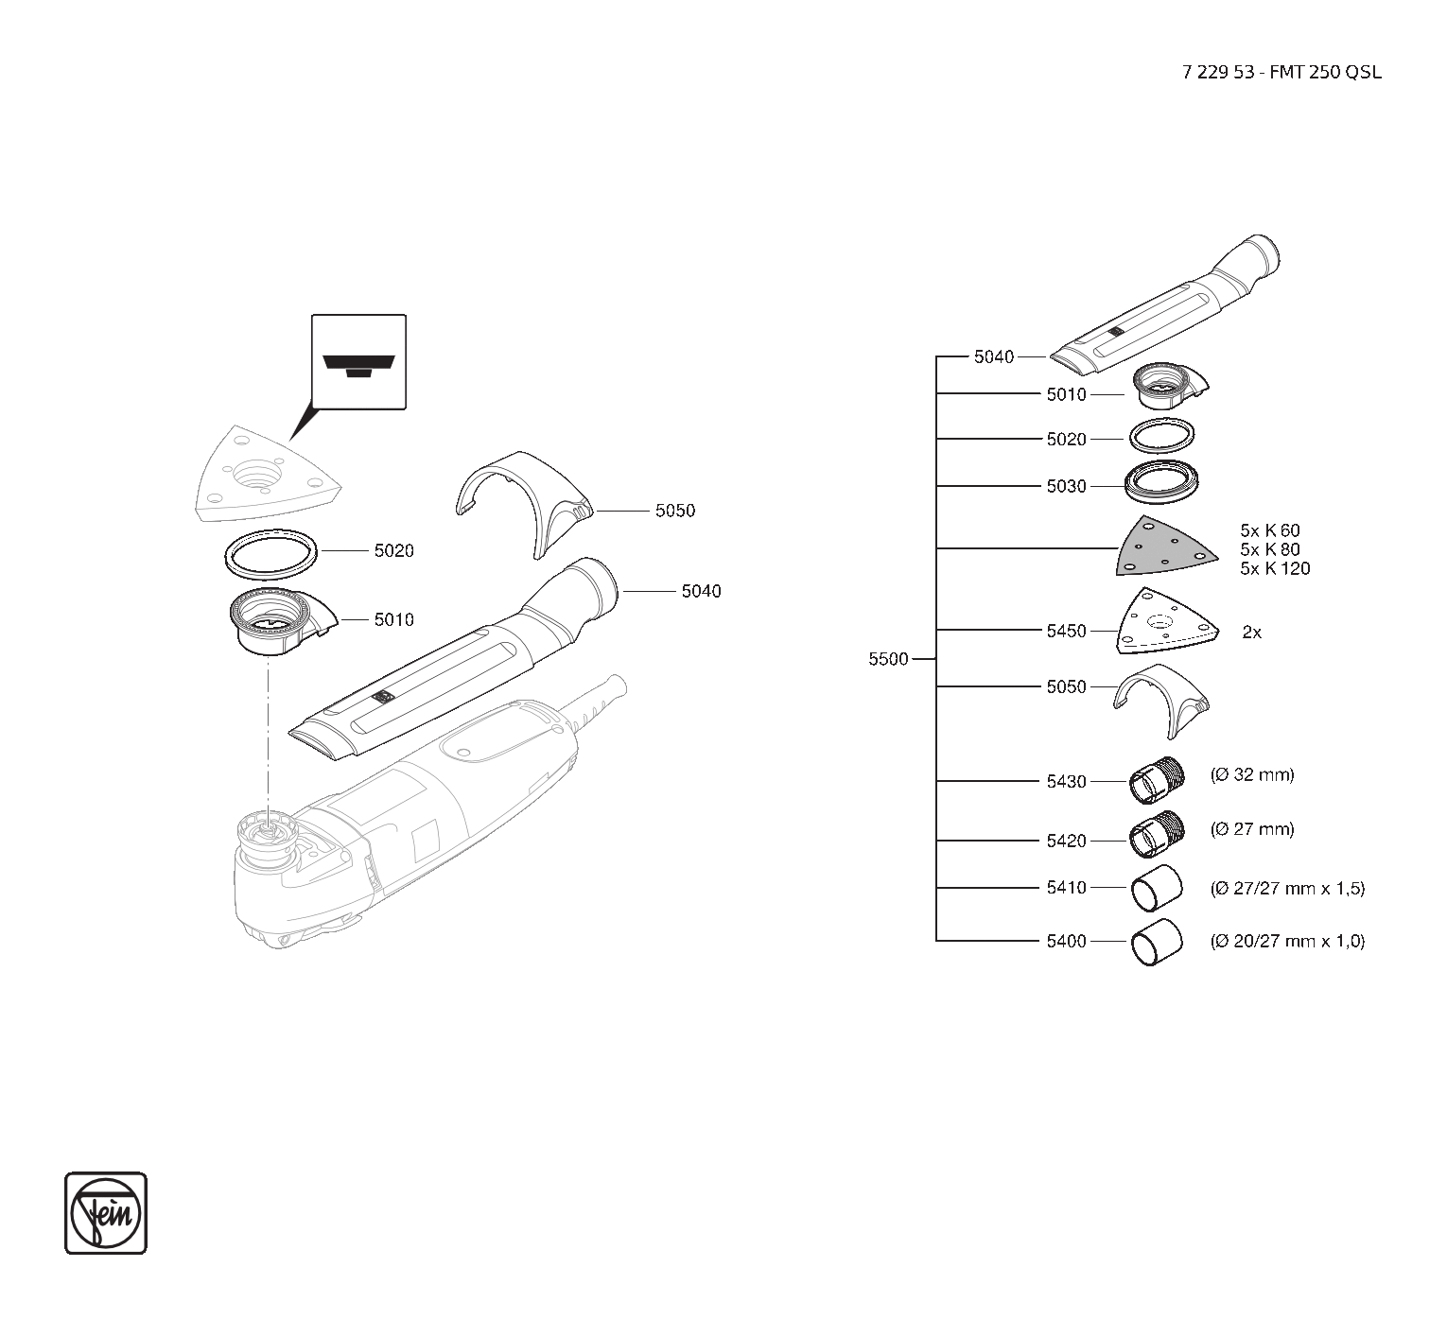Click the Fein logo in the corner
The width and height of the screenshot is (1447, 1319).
click(x=106, y=1213)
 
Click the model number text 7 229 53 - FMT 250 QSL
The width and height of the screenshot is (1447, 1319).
click(x=1281, y=73)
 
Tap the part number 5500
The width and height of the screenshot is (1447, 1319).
click(x=888, y=659)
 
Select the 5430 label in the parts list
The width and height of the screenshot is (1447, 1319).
click(x=1066, y=782)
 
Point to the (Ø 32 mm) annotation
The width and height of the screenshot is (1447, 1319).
click(x=1252, y=775)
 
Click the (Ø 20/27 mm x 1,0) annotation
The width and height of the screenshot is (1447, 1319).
click(x=1287, y=942)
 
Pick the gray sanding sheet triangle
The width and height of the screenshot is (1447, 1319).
click(x=1162, y=548)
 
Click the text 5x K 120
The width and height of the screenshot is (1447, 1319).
click(x=1275, y=568)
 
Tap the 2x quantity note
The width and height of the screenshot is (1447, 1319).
click(x=1251, y=633)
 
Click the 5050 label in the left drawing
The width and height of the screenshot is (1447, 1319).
click(x=674, y=511)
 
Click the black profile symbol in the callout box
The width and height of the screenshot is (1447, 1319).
click(x=358, y=364)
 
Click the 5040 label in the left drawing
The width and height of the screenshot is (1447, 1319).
click(x=701, y=591)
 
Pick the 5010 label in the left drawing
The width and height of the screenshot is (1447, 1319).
click(x=393, y=620)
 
